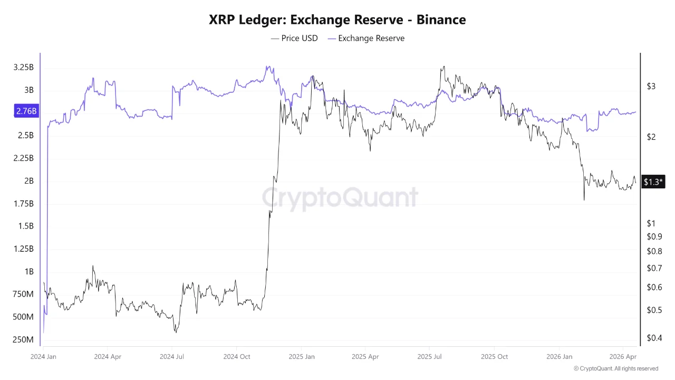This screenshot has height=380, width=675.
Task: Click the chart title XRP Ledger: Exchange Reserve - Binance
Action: tap(337, 20)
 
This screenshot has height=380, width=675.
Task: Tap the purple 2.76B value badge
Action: tap(26, 111)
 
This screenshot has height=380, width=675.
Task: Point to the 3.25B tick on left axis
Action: tap(23, 68)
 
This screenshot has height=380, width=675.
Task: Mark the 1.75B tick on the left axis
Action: tap(23, 204)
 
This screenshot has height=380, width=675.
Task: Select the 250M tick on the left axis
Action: tap(23, 339)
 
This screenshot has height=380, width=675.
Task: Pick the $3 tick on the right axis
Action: tap(651, 87)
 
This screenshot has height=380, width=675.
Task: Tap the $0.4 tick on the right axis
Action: tap(653, 338)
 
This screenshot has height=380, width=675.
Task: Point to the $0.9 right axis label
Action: tap(653, 236)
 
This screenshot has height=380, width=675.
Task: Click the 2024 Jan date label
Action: tap(43, 356)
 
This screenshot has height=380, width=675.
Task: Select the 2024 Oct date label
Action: tap(237, 356)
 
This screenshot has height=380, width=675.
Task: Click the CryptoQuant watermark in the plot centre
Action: tap(340, 198)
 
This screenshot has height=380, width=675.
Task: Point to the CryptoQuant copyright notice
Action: tap(616, 368)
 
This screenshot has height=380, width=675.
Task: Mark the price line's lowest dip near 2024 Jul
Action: tap(176, 332)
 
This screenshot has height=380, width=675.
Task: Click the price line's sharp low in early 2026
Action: tap(584, 200)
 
